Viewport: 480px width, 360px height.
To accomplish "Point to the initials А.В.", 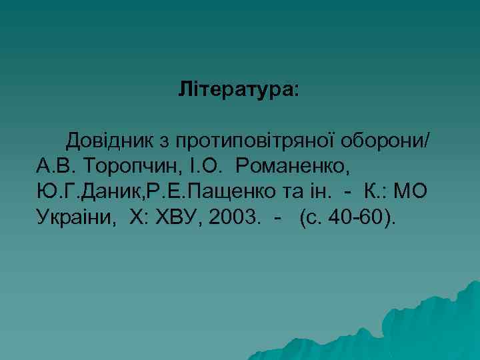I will tap(53, 166).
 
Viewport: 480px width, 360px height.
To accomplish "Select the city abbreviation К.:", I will tap(374, 191).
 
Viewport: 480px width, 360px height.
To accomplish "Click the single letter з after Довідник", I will tap(165, 142).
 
